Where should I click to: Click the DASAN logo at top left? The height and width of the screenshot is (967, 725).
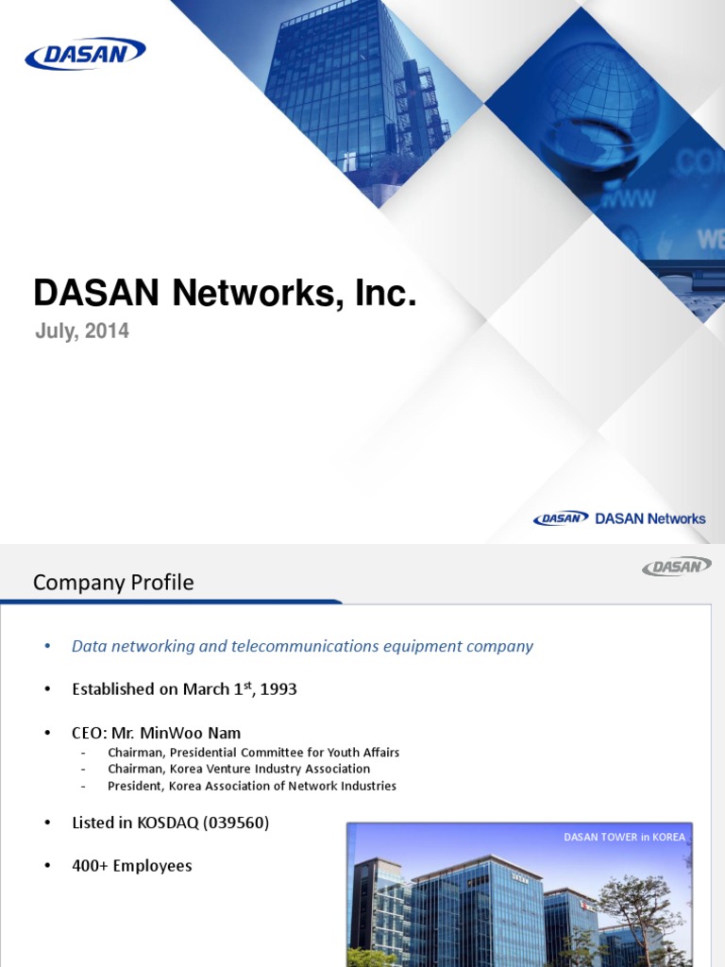[x=85, y=54]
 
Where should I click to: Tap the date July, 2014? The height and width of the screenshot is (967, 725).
[x=81, y=331]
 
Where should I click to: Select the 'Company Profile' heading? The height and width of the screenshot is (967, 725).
[x=113, y=583]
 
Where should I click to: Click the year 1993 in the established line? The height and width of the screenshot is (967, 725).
[x=278, y=689]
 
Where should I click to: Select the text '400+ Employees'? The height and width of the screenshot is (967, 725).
[x=131, y=866]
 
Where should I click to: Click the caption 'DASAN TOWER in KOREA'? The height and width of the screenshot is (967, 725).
[x=624, y=838]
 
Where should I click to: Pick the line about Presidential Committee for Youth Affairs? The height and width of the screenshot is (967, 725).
[x=253, y=753]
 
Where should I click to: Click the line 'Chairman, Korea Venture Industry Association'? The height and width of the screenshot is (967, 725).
[x=239, y=770]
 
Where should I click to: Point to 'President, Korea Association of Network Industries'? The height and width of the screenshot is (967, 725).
[x=251, y=786]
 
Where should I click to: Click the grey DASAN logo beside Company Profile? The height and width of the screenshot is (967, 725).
[x=676, y=566]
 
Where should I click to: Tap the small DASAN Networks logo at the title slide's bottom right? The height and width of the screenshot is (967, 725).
[x=619, y=518]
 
